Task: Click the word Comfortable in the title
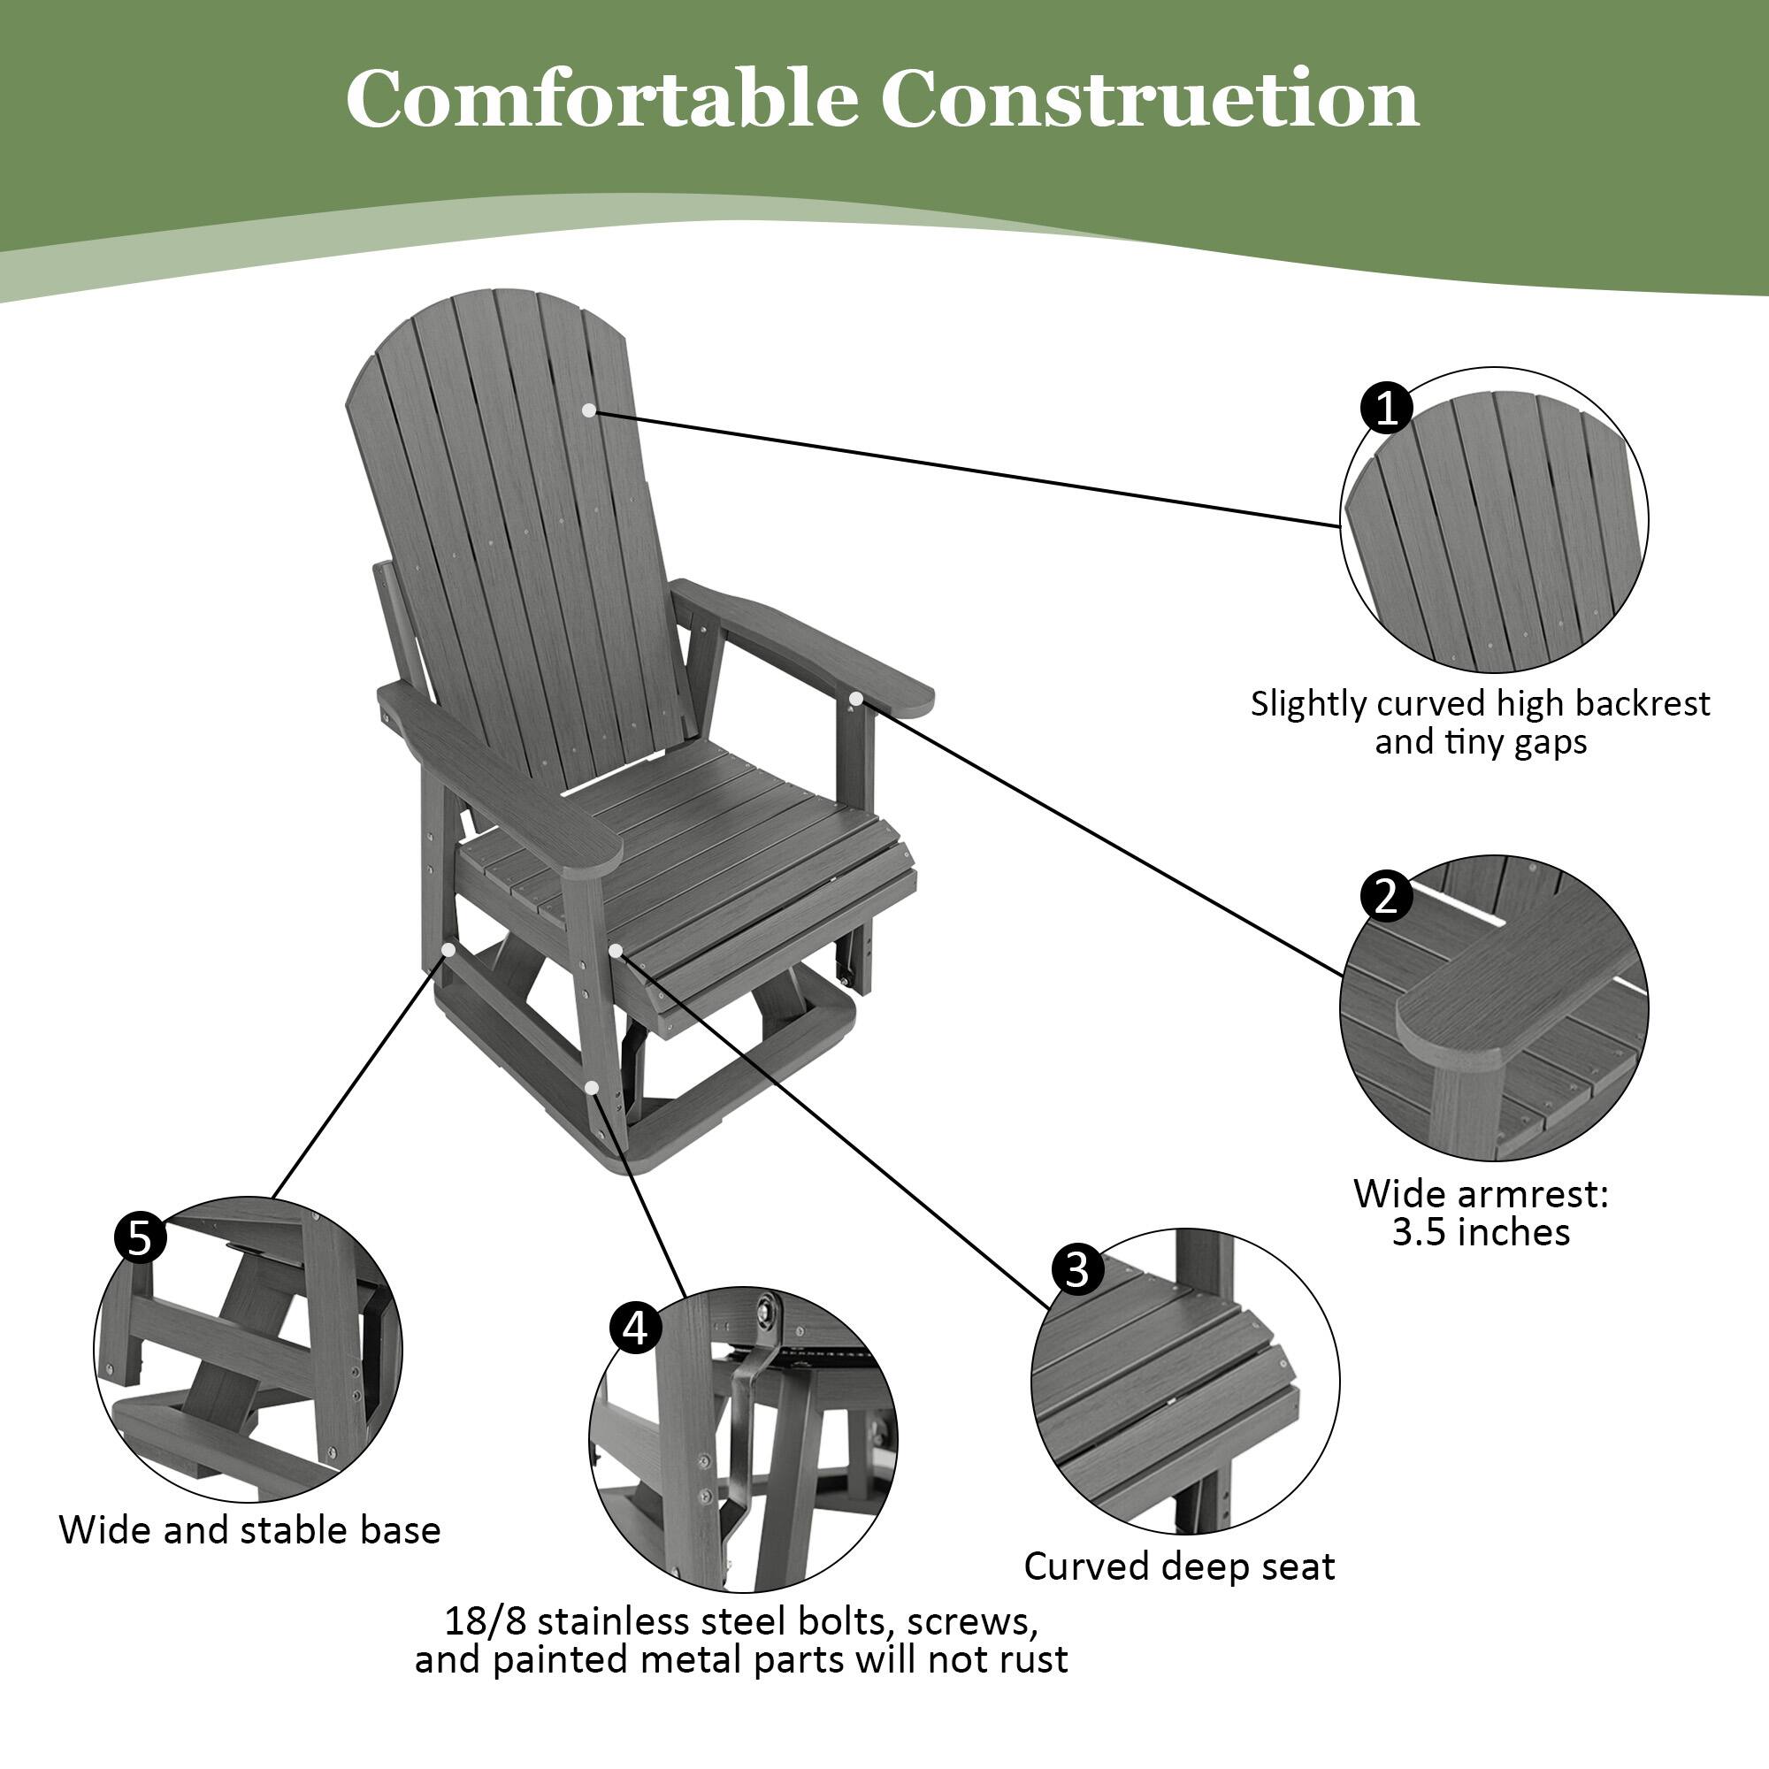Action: click(601, 99)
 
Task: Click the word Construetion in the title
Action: click(1150, 99)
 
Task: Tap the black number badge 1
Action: click(1387, 408)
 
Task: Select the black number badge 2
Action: click(1386, 895)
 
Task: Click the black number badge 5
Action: click(140, 1240)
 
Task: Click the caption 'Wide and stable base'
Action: click(250, 1530)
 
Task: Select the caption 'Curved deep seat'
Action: click(1179, 1566)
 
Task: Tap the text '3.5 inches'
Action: click(1481, 1232)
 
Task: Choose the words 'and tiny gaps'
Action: click(1481, 742)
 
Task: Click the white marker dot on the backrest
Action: click(589, 410)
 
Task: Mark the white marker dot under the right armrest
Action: click(854, 700)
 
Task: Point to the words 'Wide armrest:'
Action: click(1481, 1194)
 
